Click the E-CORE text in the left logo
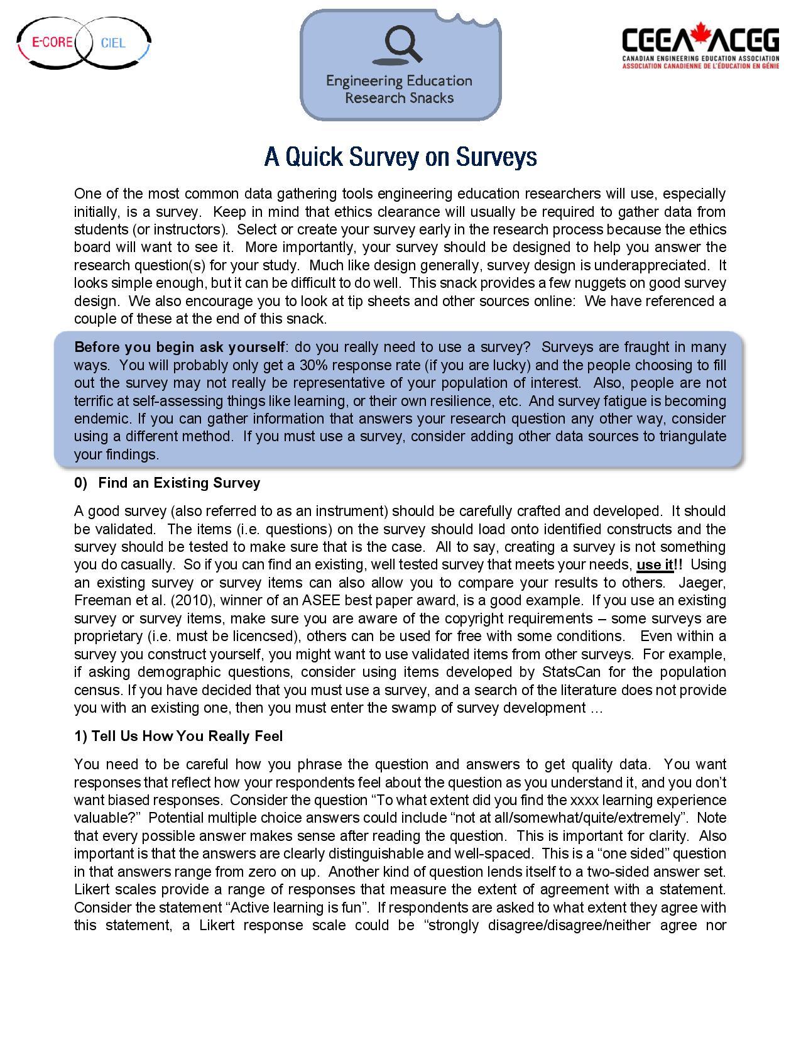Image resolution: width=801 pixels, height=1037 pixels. click(53, 43)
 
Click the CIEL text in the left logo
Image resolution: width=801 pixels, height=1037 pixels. click(113, 43)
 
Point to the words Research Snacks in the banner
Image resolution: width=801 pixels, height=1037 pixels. click(399, 98)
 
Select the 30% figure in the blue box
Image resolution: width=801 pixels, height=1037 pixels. click(312, 365)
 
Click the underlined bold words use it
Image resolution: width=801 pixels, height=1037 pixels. click(655, 564)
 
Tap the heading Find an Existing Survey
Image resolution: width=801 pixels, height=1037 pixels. click(179, 483)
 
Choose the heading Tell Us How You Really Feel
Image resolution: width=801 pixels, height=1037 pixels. click(178, 736)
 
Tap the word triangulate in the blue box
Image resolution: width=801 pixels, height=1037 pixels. click(692, 436)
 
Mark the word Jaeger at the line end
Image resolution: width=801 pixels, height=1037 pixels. click(702, 582)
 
